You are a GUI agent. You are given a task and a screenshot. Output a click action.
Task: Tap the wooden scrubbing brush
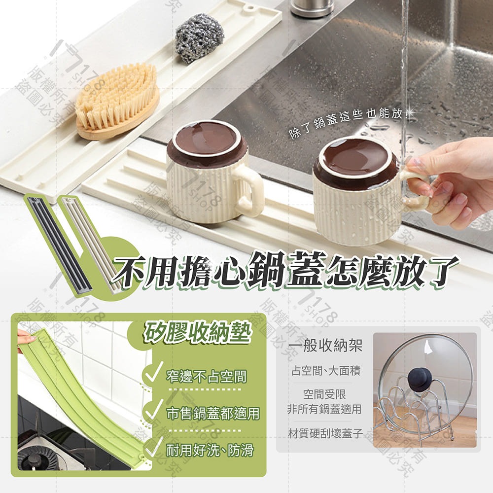[117, 101]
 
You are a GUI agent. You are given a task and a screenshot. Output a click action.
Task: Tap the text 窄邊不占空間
[206, 378]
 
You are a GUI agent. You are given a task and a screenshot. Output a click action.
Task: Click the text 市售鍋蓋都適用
[212, 414]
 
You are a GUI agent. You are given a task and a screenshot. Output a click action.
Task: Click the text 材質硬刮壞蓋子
[325, 434]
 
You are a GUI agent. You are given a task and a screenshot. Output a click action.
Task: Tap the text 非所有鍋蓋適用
[324, 409]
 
